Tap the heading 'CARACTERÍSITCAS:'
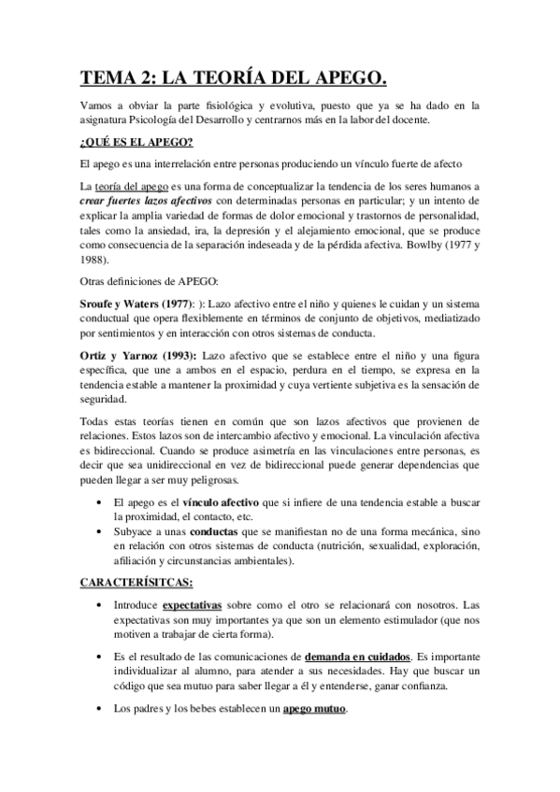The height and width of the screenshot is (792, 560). [x=136, y=582]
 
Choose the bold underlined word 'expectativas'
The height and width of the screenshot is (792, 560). [x=197, y=605]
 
